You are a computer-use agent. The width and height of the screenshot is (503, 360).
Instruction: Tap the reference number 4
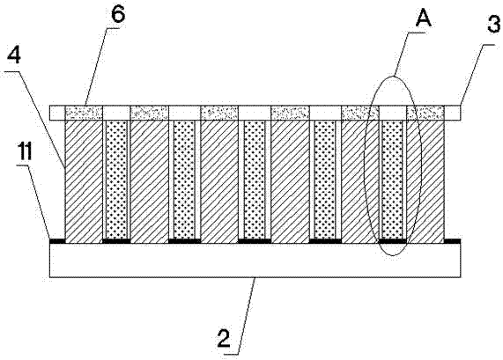[14, 56]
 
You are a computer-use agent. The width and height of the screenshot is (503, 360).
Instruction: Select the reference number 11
[25, 152]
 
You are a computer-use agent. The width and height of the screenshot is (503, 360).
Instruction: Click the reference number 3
[493, 24]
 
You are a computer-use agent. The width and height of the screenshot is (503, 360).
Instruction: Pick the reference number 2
[224, 338]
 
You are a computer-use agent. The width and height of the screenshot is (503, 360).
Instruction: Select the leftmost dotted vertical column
[116, 180]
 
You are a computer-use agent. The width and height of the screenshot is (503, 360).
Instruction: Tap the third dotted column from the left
[255, 180]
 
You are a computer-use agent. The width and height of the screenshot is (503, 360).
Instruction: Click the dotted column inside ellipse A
[392, 180]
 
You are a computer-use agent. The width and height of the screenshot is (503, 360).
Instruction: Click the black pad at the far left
[57, 241]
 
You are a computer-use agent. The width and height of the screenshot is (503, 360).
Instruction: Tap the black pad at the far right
[453, 241]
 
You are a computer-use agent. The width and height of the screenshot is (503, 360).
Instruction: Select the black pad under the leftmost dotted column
[116, 241]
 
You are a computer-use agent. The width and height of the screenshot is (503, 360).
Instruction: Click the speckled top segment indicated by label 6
[84, 113]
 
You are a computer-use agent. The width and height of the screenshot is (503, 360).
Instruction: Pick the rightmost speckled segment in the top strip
[425, 113]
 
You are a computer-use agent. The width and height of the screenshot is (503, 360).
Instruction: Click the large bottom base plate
[255, 260]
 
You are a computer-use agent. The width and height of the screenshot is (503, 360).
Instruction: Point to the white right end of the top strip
[453, 113]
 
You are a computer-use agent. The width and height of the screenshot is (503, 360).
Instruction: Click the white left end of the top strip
[57, 113]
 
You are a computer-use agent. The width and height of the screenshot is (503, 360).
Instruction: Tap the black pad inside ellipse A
[393, 241]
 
